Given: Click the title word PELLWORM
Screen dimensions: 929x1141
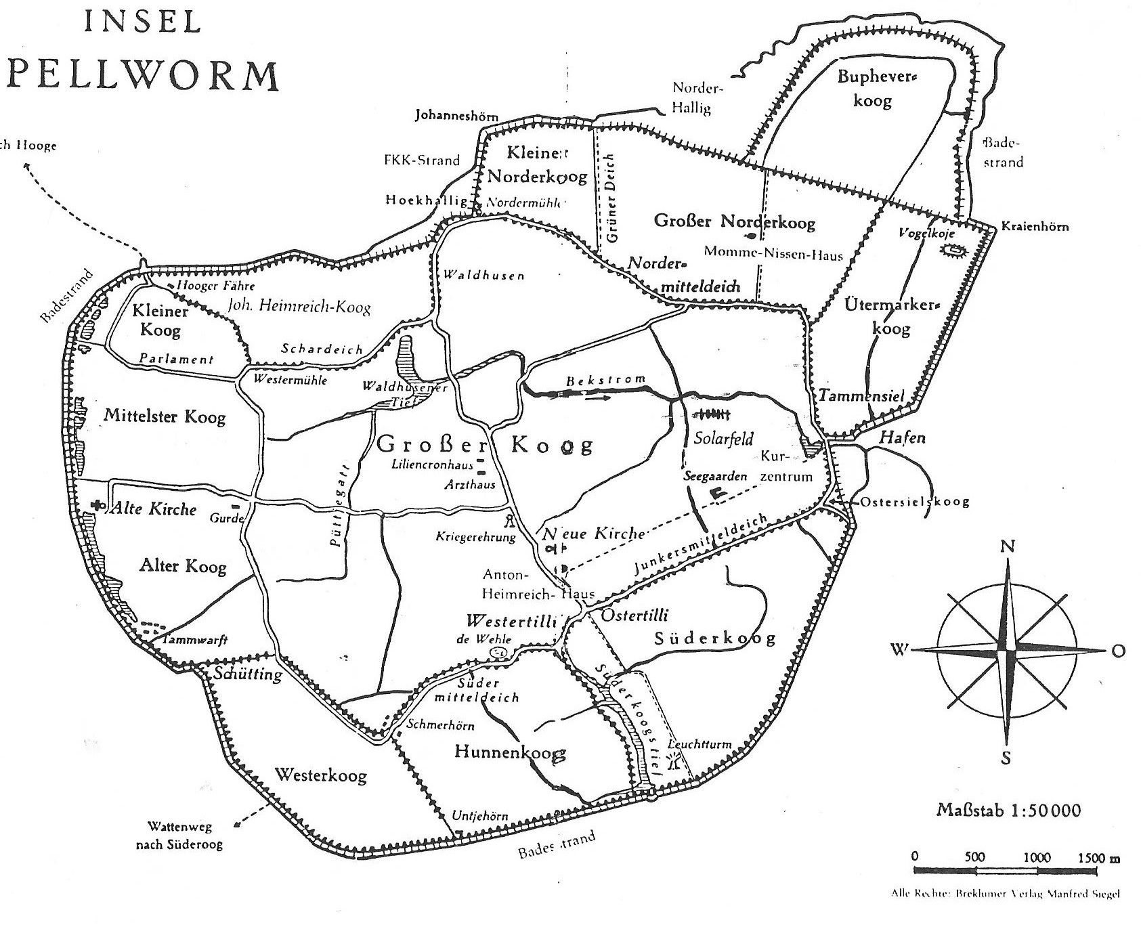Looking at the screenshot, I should click(x=142, y=76).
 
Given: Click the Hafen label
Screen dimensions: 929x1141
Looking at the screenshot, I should click(x=901, y=438).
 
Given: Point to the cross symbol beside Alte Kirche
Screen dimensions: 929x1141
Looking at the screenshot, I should click(x=99, y=505).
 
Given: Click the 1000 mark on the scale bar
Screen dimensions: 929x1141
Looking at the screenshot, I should click(x=1036, y=857).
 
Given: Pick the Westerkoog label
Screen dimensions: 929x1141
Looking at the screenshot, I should click(x=321, y=776).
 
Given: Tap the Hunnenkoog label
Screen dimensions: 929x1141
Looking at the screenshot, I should click(x=510, y=752).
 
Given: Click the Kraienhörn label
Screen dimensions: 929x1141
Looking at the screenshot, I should click(x=1034, y=226).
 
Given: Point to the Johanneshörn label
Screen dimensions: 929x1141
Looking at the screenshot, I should click(x=456, y=116).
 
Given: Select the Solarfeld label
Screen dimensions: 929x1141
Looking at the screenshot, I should click(x=723, y=439).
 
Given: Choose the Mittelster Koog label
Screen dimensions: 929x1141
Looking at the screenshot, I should click(x=165, y=416).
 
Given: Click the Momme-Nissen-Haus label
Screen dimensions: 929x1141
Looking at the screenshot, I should click(x=773, y=254).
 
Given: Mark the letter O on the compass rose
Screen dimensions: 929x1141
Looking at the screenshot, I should click(x=1119, y=651).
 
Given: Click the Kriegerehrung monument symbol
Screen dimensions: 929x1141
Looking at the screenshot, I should click(x=509, y=521).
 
